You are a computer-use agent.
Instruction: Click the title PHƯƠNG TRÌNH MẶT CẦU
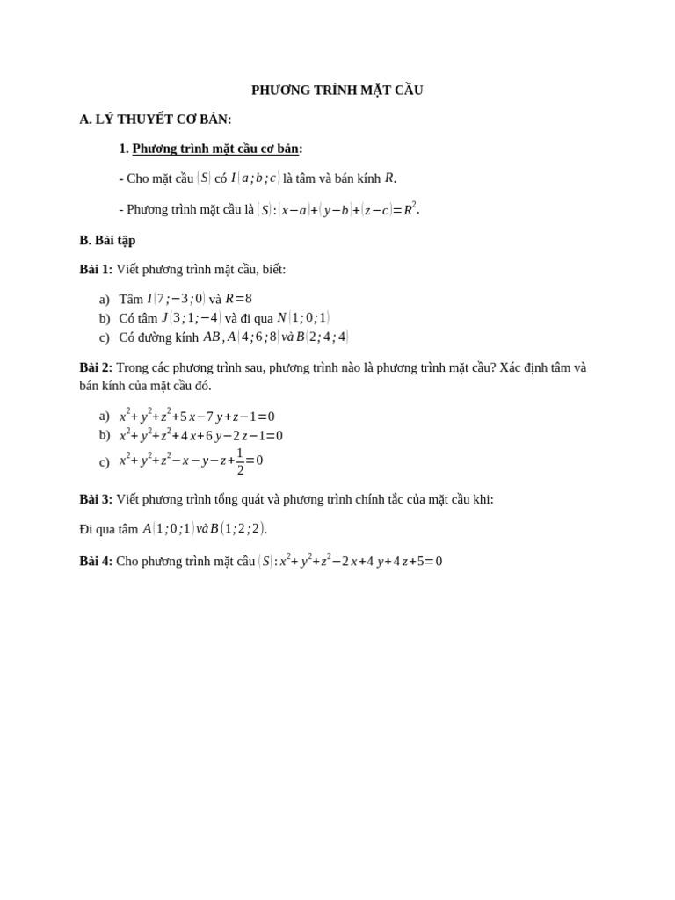click(337, 90)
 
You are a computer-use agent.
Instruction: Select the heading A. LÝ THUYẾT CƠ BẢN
click(156, 120)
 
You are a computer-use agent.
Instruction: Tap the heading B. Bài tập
click(107, 240)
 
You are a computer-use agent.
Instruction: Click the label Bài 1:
click(96, 269)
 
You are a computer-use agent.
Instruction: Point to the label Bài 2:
click(96, 367)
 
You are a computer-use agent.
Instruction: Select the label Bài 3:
click(96, 499)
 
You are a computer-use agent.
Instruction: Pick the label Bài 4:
click(96, 561)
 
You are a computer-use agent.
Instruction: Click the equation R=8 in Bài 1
click(238, 299)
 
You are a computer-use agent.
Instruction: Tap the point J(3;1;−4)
click(191, 318)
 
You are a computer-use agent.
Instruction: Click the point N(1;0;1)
click(303, 318)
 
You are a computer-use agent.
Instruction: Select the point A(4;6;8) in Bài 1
click(252, 337)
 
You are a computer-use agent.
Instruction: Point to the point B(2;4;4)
click(323, 337)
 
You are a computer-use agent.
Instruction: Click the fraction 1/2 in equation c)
click(240, 461)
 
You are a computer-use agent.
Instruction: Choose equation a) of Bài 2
click(197, 417)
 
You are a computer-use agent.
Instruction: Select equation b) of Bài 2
click(201, 436)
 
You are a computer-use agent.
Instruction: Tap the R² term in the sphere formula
click(410, 209)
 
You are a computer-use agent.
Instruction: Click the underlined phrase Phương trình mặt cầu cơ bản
click(215, 149)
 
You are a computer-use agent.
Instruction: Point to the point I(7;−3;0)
click(176, 299)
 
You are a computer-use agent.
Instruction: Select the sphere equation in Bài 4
click(351, 561)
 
